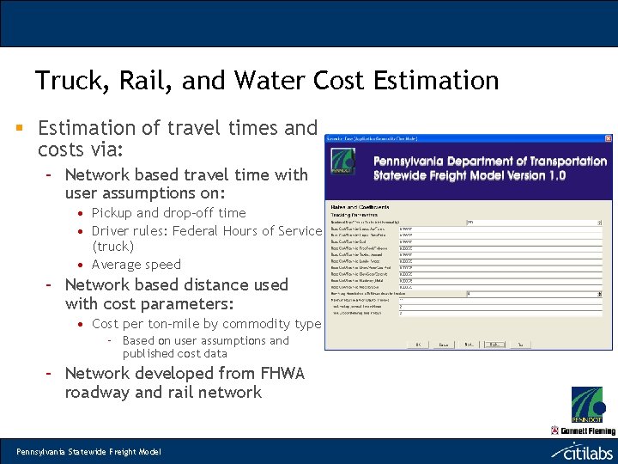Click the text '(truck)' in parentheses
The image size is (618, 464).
pyautogui.click(x=112, y=247)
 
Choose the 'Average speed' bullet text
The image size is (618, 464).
pyautogui.click(x=136, y=265)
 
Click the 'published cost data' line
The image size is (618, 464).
pyautogui.click(x=175, y=353)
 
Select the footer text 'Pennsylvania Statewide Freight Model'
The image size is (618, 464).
pyautogui.click(x=78, y=452)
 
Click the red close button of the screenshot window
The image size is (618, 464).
pyautogui.click(x=608, y=138)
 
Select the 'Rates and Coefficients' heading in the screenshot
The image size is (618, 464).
pyautogui.click(x=360, y=207)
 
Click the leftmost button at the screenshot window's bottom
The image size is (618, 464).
pyautogui.click(x=418, y=344)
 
